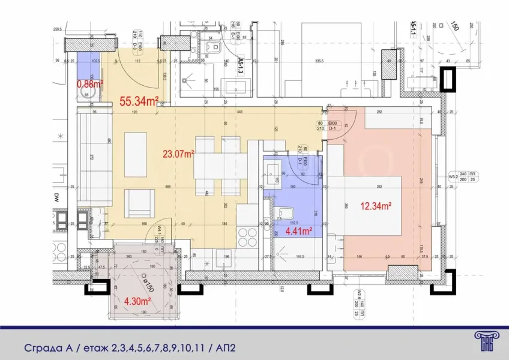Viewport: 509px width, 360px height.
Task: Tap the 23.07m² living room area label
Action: (x=178, y=154)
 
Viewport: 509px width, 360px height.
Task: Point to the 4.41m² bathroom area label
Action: (x=297, y=230)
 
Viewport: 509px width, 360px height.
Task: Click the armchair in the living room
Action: (x=139, y=203)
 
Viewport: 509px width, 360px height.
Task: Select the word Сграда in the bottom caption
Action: (x=42, y=349)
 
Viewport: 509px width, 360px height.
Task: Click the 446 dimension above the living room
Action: (x=239, y=112)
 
